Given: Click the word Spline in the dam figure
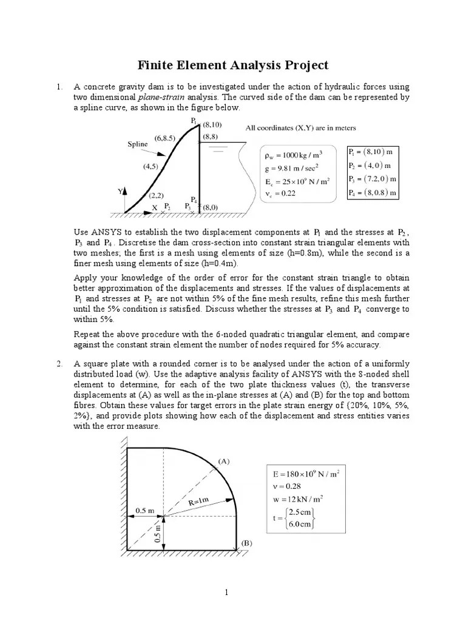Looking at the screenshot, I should [x=137, y=144].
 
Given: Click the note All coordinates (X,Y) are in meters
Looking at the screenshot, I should [x=300, y=128].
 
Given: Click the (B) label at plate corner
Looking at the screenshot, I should [x=246, y=543].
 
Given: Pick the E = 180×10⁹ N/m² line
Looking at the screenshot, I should [x=305, y=474].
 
